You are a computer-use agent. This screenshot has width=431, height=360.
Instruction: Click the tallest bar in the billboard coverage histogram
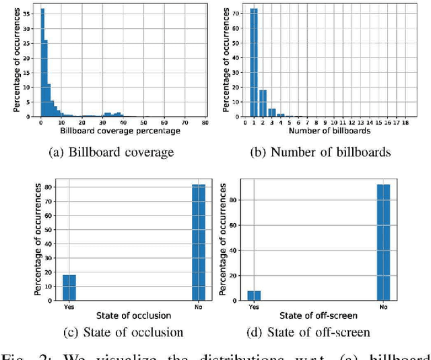click(x=24, y=64)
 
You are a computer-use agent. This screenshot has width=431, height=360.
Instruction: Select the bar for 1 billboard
click(x=254, y=64)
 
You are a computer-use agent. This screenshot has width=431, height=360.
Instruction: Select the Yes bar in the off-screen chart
click(x=253, y=296)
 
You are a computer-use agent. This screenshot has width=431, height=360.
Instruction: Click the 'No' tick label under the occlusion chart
click(x=199, y=307)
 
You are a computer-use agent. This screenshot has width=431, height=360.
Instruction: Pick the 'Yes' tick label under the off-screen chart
click(x=254, y=307)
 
